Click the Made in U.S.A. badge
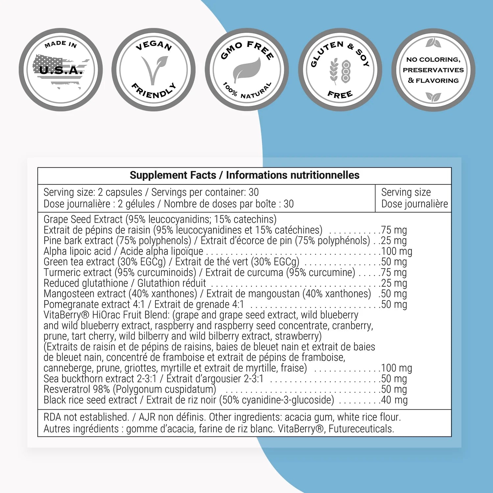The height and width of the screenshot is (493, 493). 61,69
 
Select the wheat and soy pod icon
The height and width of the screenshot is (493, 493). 340,70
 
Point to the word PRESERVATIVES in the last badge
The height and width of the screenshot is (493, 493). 433,70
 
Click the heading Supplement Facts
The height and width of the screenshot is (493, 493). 173,175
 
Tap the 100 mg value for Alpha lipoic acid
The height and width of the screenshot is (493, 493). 396,251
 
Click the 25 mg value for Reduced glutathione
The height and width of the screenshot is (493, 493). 394,283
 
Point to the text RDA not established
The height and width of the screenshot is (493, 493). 86,417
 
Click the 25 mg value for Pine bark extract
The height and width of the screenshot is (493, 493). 394,241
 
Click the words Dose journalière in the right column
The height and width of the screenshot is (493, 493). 414,204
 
